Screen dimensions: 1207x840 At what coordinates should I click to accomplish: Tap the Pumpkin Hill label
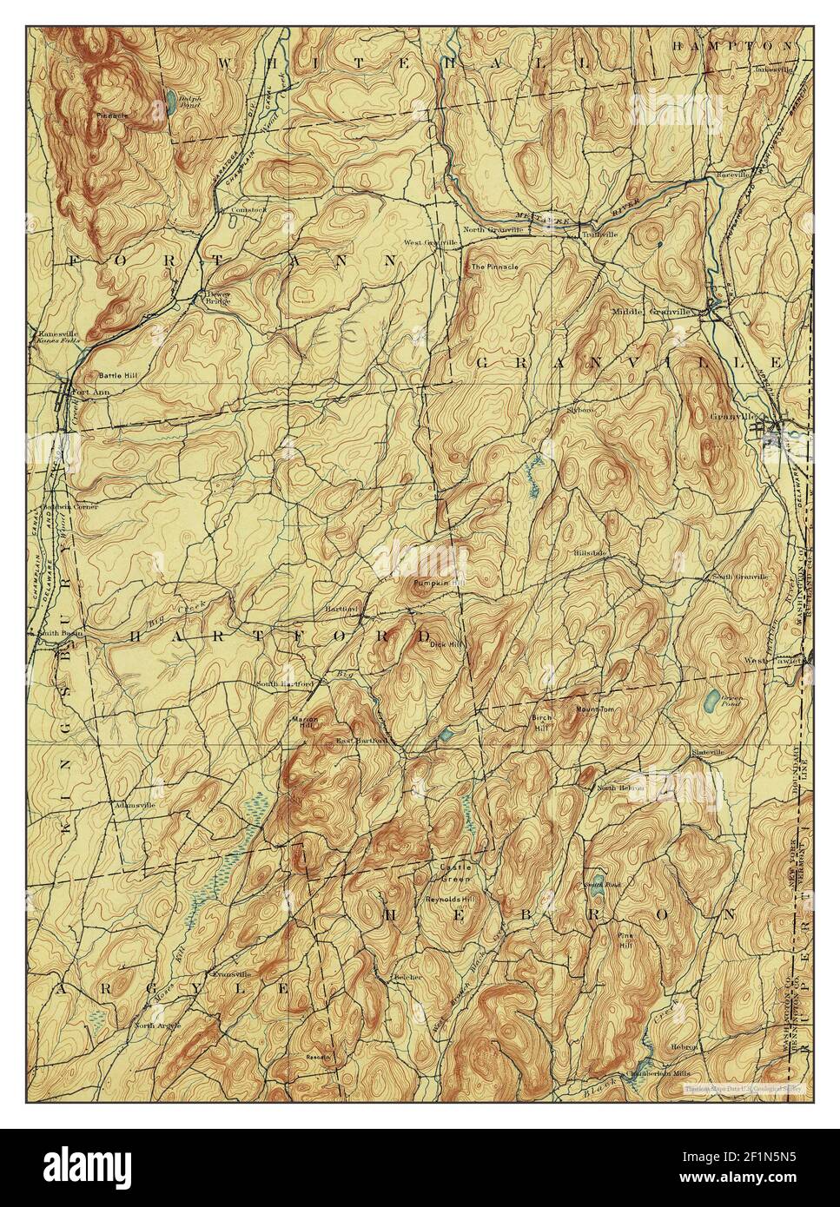pos(434,583)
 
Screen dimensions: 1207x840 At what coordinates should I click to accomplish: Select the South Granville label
pos(740,577)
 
